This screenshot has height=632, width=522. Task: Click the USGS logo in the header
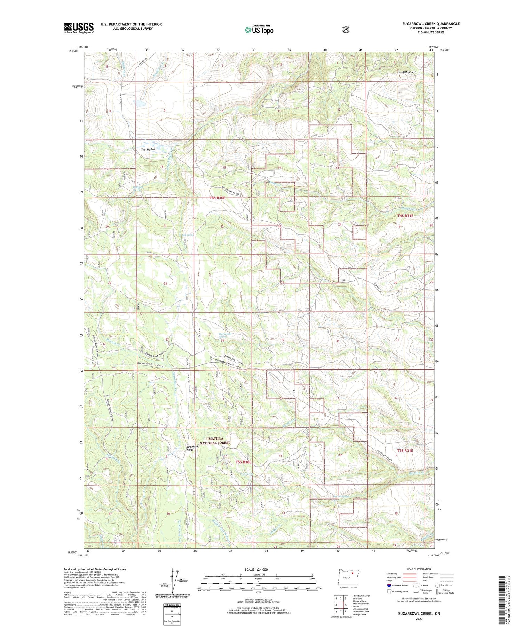tap(79, 28)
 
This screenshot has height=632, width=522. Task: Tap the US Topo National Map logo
tap(259, 29)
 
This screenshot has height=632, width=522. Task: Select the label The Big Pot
tap(148, 149)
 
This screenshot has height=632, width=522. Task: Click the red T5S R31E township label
tap(405, 451)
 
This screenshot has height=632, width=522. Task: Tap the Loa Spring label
tap(187, 235)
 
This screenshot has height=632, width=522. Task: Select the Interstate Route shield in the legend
tap(389, 585)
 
